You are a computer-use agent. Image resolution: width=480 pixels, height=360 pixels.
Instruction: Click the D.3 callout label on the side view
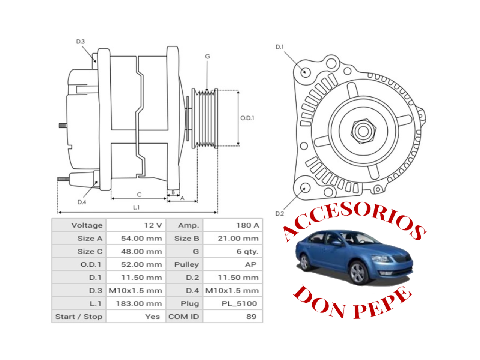pyautogui.click(x=81, y=42)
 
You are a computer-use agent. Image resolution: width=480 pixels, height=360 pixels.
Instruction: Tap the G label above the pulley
pyautogui.click(x=207, y=56)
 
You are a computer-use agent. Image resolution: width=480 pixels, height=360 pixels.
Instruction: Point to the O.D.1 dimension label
pyautogui.click(x=247, y=118)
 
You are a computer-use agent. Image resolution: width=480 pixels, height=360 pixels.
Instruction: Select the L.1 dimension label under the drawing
pyautogui.click(x=136, y=207)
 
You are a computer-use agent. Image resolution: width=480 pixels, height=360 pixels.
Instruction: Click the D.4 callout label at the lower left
pyautogui.click(x=82, y=202)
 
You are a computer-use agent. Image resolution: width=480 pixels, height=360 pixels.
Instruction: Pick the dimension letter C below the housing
pyautogui.click(x=139, y=195)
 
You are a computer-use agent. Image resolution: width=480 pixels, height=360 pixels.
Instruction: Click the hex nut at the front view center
pyautogui.click(x=363, y=131)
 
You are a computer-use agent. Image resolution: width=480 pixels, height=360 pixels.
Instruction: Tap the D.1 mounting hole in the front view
pyautogui.click(x=306, y=72)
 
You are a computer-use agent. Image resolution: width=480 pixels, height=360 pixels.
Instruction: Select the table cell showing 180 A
pyautogui.click(x=233, y=225)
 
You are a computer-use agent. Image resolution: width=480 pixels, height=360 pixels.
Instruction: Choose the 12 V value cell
pyautogui.click(x=136, y=225)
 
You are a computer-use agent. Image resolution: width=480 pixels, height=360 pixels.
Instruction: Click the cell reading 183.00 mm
pyautogui.click(x=136, y=303)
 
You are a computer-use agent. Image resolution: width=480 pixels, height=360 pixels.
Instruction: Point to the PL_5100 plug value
pyautogui.click(x=233, y=303)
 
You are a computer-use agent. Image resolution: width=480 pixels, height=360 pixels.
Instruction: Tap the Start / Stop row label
pyautogui.click(x=79, y=316)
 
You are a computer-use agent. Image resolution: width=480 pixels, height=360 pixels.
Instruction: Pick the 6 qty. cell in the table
pyautogui.click(x=233, y=251)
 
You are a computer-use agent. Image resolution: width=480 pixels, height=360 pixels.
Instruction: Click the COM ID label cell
pyautogui.click(x=184, y=316)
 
